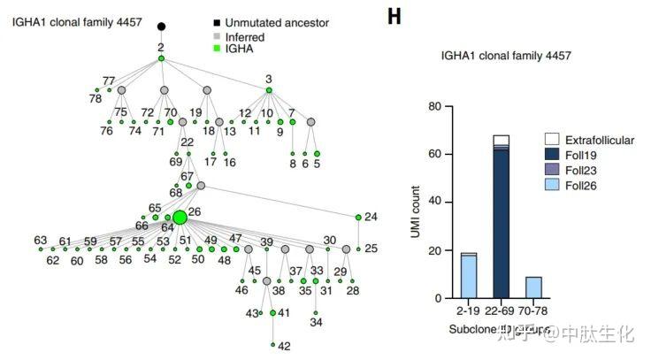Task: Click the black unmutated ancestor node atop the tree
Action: point(161,27)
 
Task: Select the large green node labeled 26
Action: point(180,218)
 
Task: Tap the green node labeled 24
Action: point(358,217)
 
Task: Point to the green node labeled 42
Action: point(272,344)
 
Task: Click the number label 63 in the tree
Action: point(41,241)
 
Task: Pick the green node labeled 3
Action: point(269,90)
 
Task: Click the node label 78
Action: point(95,99)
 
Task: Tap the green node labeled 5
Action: point(317,153)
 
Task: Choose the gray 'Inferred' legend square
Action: point(218,35)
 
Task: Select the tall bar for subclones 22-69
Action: point(502,221)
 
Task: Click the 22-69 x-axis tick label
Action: point(502,313)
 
